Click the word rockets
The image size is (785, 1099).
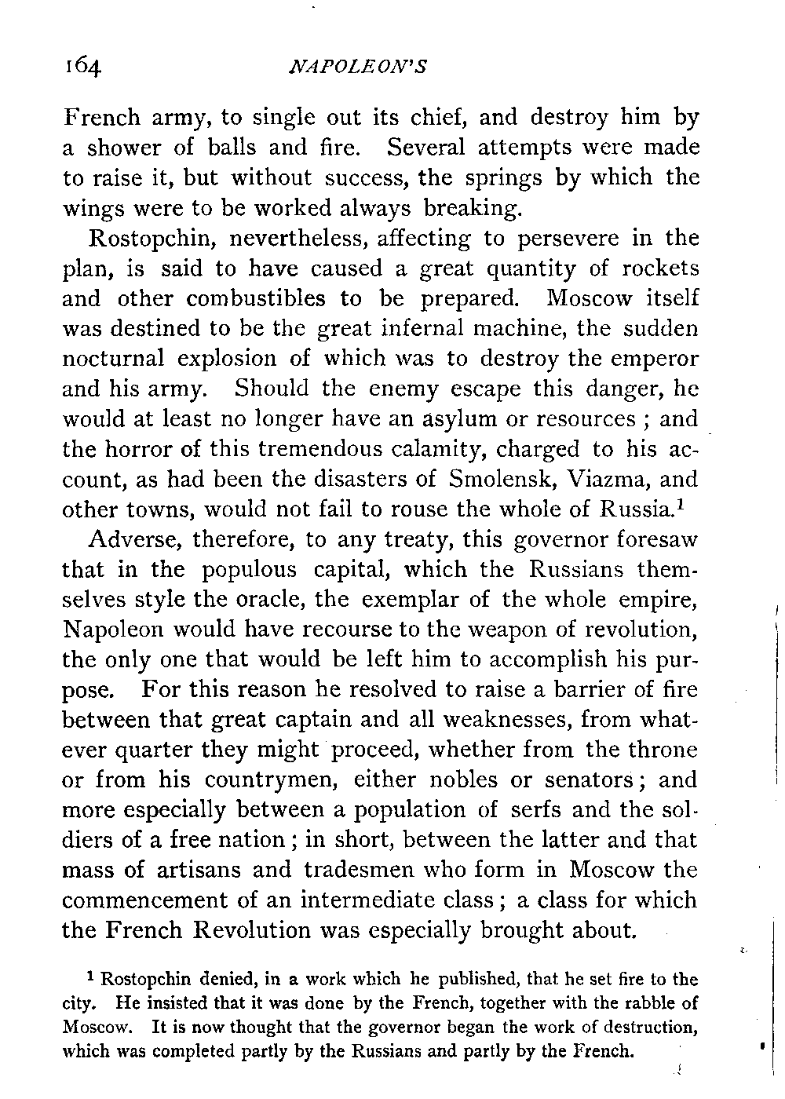(x=658, y=268)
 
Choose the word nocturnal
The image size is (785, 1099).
(x=113, y=358)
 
